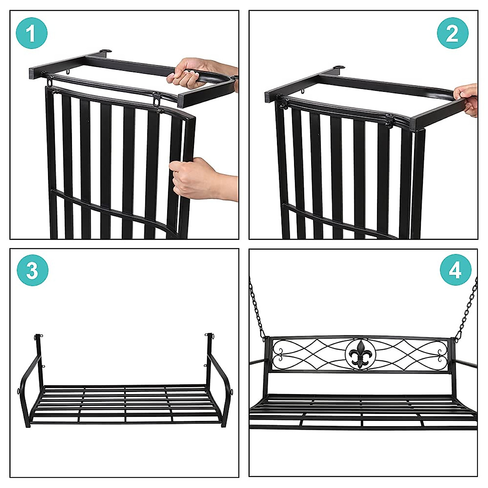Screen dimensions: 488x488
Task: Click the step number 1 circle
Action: [x=32, y=33]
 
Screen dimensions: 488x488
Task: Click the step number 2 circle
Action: [x=452, y=33]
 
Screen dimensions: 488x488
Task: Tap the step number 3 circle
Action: [x=33, y=270]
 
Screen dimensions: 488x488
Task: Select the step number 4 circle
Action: [x=455, y=269]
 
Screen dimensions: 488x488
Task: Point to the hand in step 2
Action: [x=468, y=98]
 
